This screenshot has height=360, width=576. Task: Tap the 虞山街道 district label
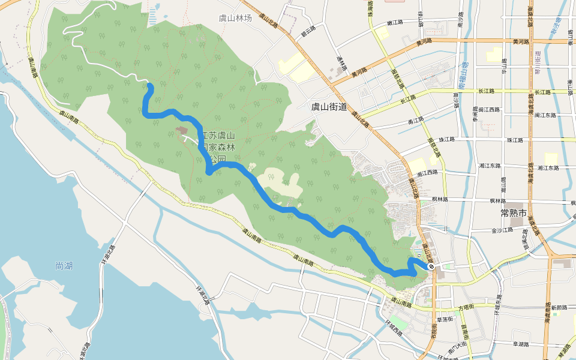tap(329, 107)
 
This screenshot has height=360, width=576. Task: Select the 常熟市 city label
tap(513, 213)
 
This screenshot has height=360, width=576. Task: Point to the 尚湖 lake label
tap(63, 266)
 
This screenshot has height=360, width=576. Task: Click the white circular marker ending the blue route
tap(431, 266)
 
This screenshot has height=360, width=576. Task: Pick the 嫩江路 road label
tap(394, 22)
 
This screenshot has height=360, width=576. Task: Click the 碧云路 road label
tap(308, 29)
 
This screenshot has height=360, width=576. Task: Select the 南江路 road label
tap(416, 121)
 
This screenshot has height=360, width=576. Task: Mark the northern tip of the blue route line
tap(149, 88)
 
